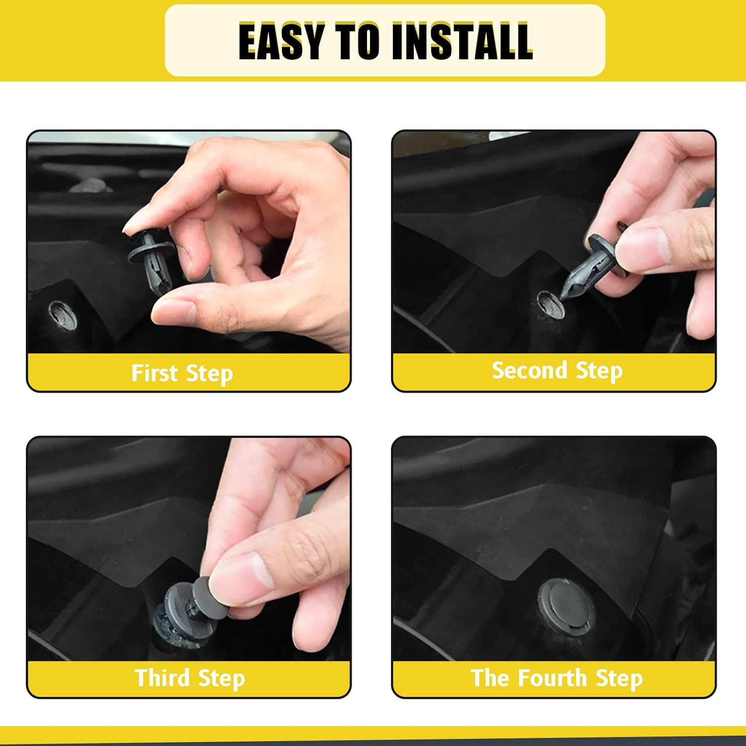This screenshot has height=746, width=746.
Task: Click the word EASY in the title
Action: (x=281, y=42)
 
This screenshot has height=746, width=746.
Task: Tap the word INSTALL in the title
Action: (x=462, y=42)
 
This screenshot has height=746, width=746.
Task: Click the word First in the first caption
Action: (x=154, y=373)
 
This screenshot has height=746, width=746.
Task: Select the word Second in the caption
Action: (x=529, y=371)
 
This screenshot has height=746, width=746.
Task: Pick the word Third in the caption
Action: (x=162, y=678)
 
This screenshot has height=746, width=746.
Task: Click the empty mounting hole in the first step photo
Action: (x=63, y=315)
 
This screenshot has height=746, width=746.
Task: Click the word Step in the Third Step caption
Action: (x=221, y=679)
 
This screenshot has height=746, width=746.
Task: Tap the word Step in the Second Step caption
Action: (x=599, y=372)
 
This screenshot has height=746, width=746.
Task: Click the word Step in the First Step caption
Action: (x=209, y=374)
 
